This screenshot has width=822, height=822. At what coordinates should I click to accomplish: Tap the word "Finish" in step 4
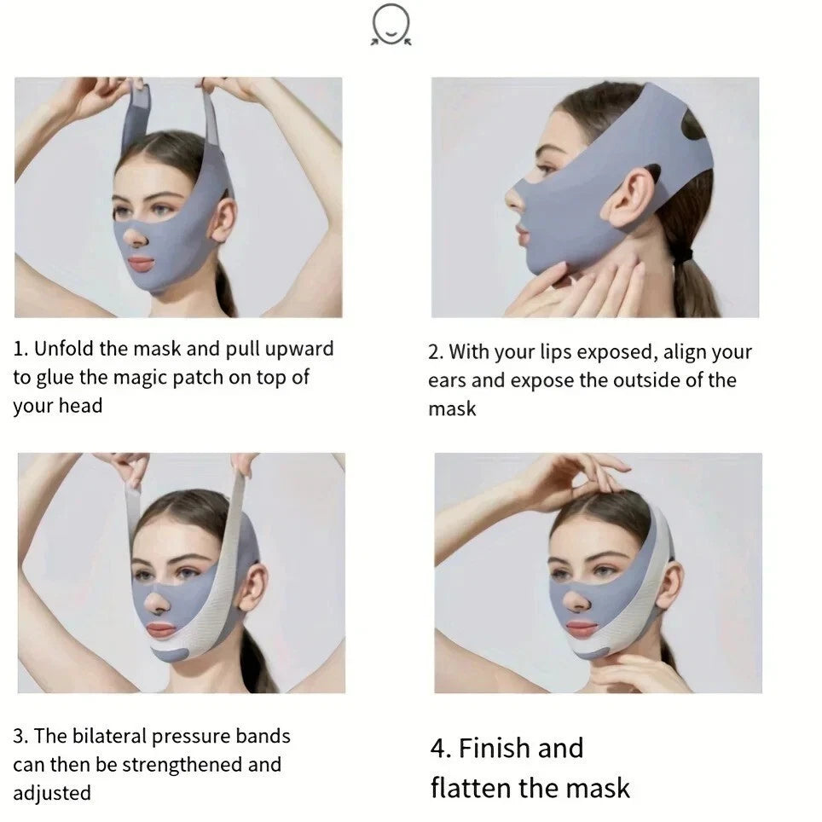click(494, 748)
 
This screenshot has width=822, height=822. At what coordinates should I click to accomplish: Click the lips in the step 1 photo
click(141, 263)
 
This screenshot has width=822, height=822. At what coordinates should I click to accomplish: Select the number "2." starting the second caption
click(436, 352)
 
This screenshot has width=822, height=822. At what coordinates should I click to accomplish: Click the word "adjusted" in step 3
click(52, 792)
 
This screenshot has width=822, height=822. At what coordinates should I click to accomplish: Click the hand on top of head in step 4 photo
click(580, 478)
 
